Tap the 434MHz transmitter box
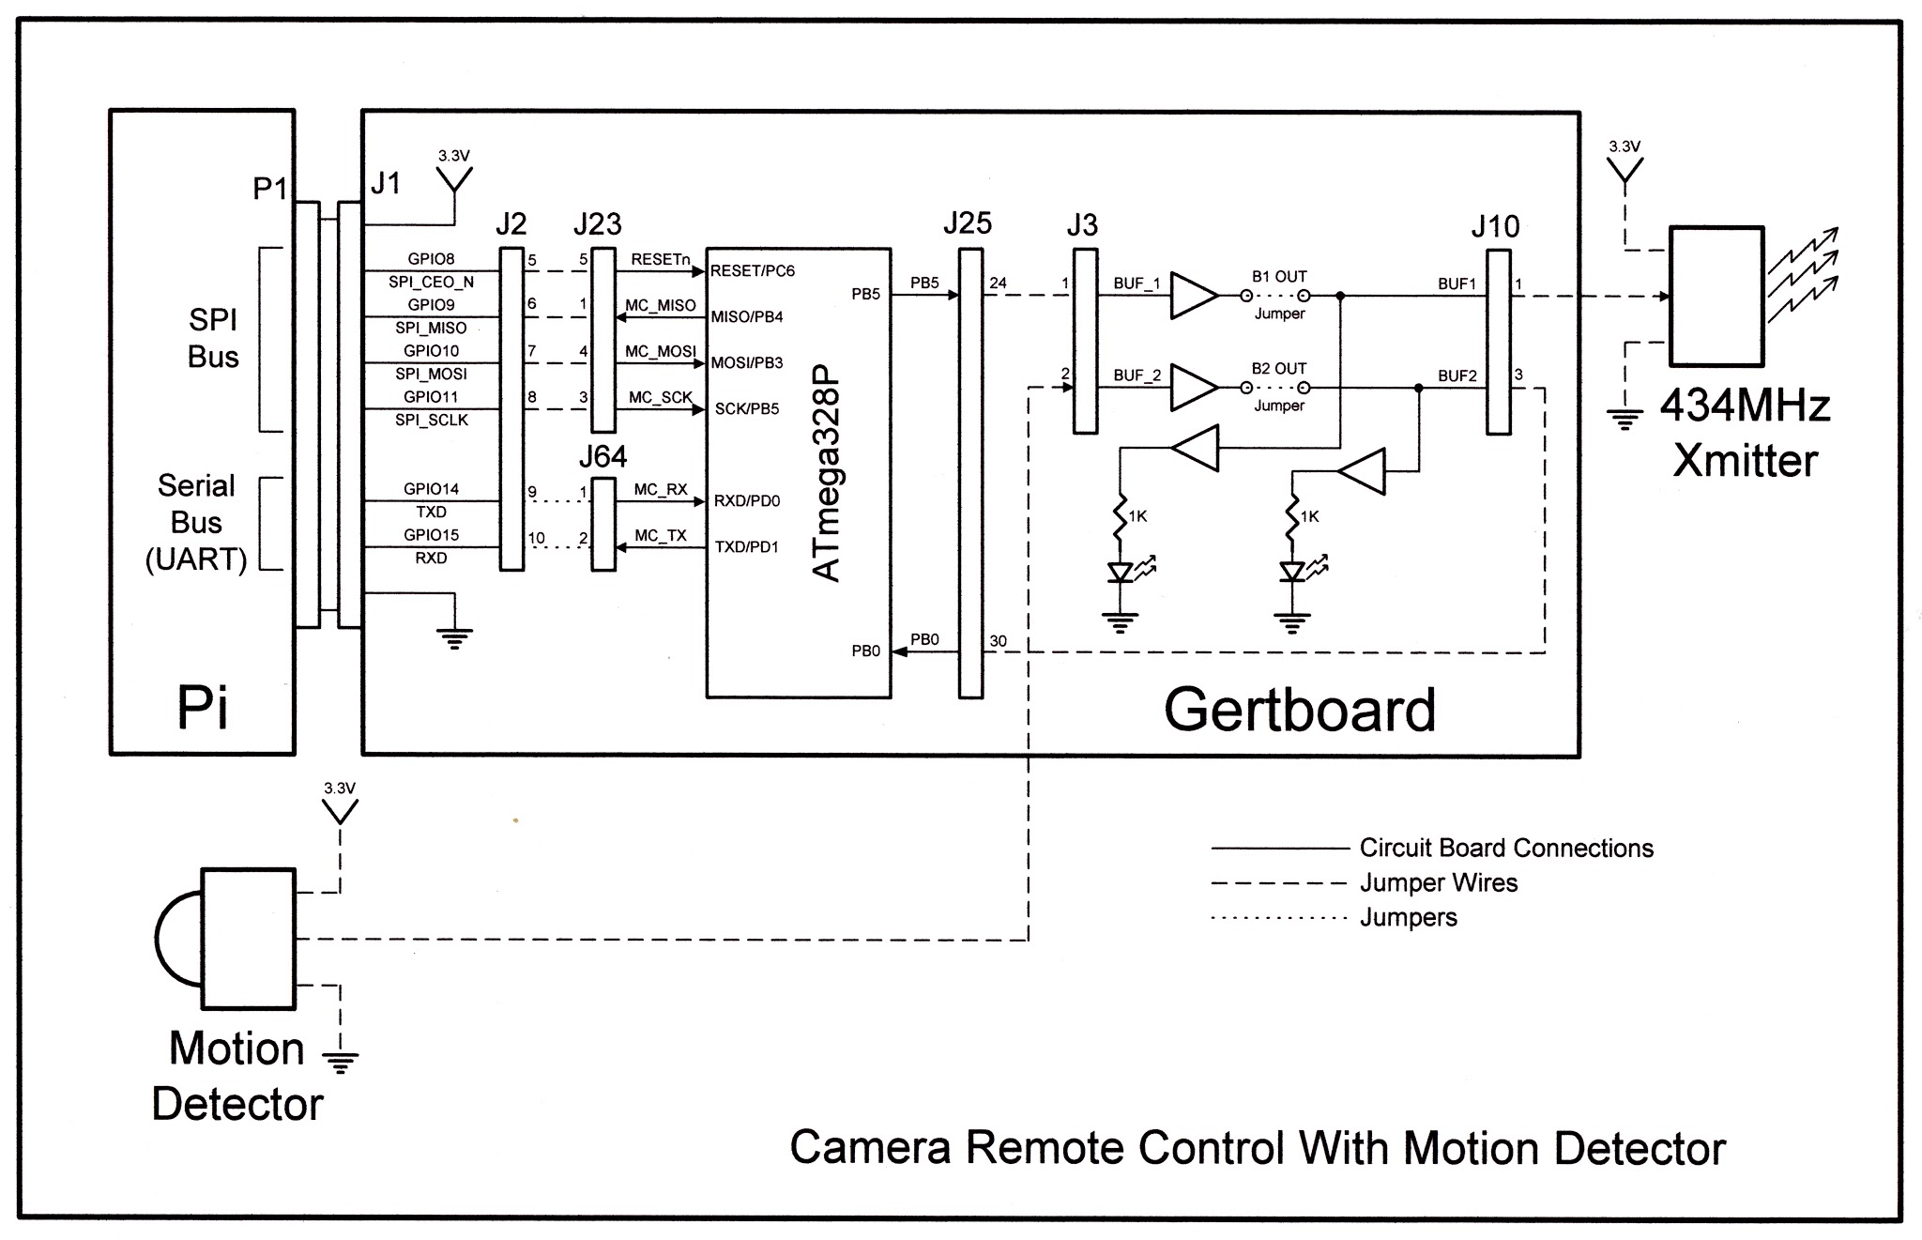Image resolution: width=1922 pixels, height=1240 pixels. pyautogui.click(x=1716, y=297)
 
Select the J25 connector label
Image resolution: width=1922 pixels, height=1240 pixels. pyautogui.click(x=968, y=223)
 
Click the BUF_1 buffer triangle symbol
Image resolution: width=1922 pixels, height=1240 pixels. pyautogui.click(x=1193, y=296)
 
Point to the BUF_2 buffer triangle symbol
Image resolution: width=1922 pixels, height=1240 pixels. pyautogui.click(x=1193, y=388)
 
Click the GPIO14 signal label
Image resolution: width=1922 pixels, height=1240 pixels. pyautogui.click(x=431, y=489)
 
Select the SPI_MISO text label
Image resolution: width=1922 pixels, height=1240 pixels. pyautogui.click(x=431, y=329)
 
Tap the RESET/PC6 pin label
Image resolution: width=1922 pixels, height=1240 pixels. pyautogui.click(x=753, y=271)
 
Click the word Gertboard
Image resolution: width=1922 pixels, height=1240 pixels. pyautogui.click(x=1299, y=711)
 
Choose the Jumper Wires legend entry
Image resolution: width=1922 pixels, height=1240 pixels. pyautogui.click(x=1438, y=883)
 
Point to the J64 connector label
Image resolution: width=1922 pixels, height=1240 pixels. pyautogui.click(x=603, y=457)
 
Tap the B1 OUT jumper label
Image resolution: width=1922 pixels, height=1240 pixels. pyautogui.click(x=1278, y=277)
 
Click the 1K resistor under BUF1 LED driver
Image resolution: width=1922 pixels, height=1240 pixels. pyautogui.click(x=1119, y=517)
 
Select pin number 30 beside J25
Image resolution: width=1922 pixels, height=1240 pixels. pyautogui.click(x=998, y=642)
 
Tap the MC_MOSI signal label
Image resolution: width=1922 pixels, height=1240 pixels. pyautogui.click(x=661, y=352)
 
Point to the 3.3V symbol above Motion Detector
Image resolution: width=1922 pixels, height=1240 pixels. pyautogui.click(x=340, y=804)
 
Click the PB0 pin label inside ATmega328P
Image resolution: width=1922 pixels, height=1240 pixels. pyautogui.click(x=865, y=651)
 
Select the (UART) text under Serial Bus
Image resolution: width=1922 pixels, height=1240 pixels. pyautogui.click(x=196, y=559)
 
